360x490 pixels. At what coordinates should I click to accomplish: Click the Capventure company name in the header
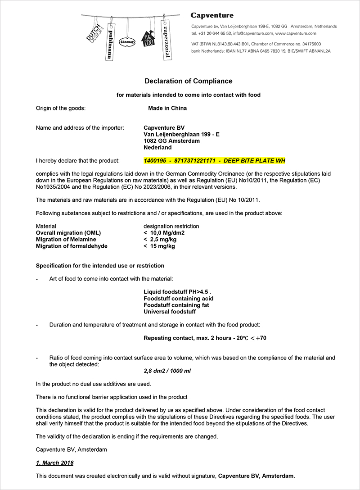tap(212, 16)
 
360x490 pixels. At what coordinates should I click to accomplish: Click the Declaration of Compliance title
tap(188, 81)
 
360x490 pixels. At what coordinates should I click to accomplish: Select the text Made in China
tap(167, 108)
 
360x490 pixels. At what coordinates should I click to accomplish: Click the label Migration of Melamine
tap(66, 240)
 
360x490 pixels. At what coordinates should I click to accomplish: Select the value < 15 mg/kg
tap(159, 246)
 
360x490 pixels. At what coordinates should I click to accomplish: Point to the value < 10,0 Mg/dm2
tap(164, 233)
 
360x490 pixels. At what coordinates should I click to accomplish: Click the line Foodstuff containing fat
tap(176, 305)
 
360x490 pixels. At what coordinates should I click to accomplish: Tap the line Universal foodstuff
tap(170, 312)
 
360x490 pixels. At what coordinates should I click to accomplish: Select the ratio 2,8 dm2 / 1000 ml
tap(166, 371)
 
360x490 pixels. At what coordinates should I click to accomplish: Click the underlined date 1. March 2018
tap(54, 463)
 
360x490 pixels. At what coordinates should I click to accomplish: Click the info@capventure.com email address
tap(252, 33)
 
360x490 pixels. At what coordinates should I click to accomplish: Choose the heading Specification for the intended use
tap(100, 266)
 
